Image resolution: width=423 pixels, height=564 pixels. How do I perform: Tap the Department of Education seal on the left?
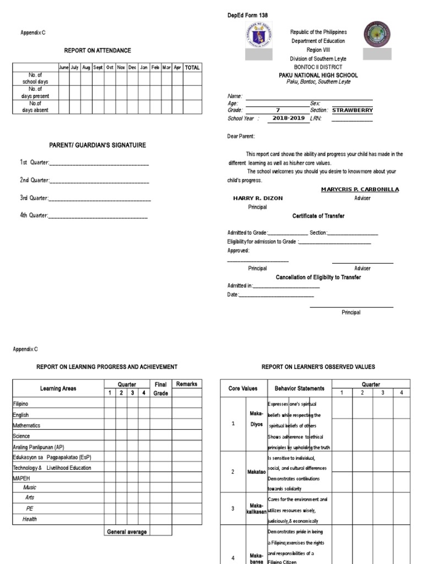pyautogui.click(x=258, y=36)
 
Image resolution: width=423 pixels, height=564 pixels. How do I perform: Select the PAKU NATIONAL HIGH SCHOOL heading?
pyautogui.click(x=318, y=75)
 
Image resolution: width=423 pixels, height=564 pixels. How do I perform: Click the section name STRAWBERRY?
pyautogui.click(x=352, y=110)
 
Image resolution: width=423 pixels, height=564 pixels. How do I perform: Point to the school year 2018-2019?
pyautogui.click(x=289, y=118)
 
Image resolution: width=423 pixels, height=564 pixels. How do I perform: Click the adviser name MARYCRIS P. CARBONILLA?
pyautogui.click(x=360, y=189)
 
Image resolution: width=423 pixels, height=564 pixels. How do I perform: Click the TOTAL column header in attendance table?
pyautogui.click(x=192, y=67)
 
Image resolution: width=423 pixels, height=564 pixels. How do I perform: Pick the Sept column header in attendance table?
pyautogui.click(x=98, y=67)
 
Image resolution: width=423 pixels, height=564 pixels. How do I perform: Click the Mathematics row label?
pyautogui.click(x=26, y=426)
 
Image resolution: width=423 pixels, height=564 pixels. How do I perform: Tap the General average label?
pyautogui.click(x=127, y=532)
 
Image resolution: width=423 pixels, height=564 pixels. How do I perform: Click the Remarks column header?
pyautogui.click(x=186, y=384)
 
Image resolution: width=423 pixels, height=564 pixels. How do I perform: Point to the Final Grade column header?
pyautogui.click(x=160, y=388)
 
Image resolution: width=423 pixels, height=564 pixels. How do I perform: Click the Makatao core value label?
pyautogui.click(x=256, y=472)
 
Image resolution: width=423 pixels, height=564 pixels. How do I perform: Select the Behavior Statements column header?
pyautogui.click(x=299, y=388)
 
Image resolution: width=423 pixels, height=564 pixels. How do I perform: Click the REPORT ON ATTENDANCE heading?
pyautogui.click(x=97, y=51)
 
